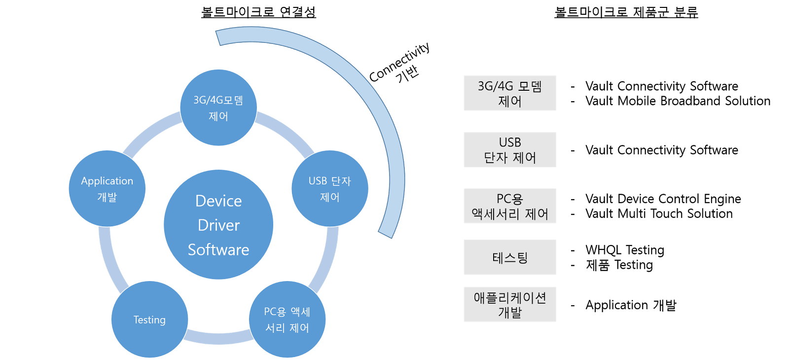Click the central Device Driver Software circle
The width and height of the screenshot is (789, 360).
[x=218, y=225]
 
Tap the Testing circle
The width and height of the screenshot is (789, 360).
[x=149, y=320]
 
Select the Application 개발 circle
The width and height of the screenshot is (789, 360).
[x=107, y=188]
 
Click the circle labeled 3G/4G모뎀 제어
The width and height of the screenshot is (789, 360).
[x=218, y=108]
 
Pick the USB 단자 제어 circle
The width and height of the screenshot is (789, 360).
[x=330, y=188]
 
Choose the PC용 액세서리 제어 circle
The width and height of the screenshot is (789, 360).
[x=287, y=320]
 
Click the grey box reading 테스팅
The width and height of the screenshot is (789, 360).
[x=509, y=257]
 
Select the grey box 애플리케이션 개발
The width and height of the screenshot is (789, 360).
[x=509, y=304]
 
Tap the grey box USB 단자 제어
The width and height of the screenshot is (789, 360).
[x=509, y=149]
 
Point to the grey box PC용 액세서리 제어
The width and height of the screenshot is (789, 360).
[x=509, y=206]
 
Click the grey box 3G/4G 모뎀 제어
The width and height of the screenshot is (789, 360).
[x=509, y=93]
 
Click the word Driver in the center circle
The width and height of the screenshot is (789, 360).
[x=218, y=225]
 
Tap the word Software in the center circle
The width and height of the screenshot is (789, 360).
[x=218, y=250]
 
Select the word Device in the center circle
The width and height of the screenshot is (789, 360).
[x=218, y=201]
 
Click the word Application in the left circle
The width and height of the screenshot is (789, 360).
[x=107, y=181]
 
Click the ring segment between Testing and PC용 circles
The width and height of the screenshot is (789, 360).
[x=218, y=338]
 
